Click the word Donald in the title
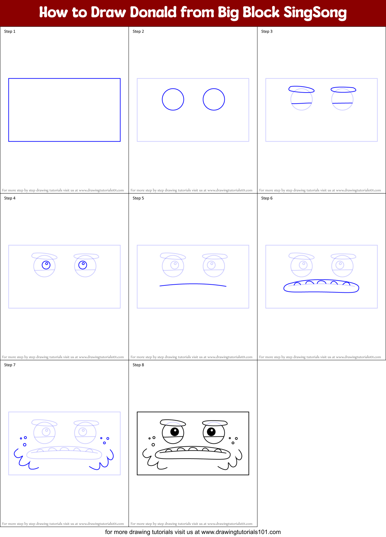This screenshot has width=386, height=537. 153,12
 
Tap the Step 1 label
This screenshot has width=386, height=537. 10,31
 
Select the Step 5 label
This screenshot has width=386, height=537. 138,198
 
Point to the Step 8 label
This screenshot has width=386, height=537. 138,365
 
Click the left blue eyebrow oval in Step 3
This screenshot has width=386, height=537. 301,89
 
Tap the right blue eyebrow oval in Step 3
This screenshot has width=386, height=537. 343,90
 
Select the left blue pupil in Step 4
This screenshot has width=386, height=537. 46,265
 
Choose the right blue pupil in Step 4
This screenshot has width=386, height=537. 82,265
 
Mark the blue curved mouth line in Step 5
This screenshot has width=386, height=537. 193,284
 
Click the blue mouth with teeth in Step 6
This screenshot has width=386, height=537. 321,287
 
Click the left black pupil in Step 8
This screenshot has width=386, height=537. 175,431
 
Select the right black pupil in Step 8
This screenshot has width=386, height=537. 211,431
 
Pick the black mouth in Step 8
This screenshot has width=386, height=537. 193,454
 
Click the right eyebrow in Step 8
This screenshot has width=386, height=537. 215,423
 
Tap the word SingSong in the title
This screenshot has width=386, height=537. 315,12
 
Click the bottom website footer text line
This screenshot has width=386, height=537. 193,532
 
